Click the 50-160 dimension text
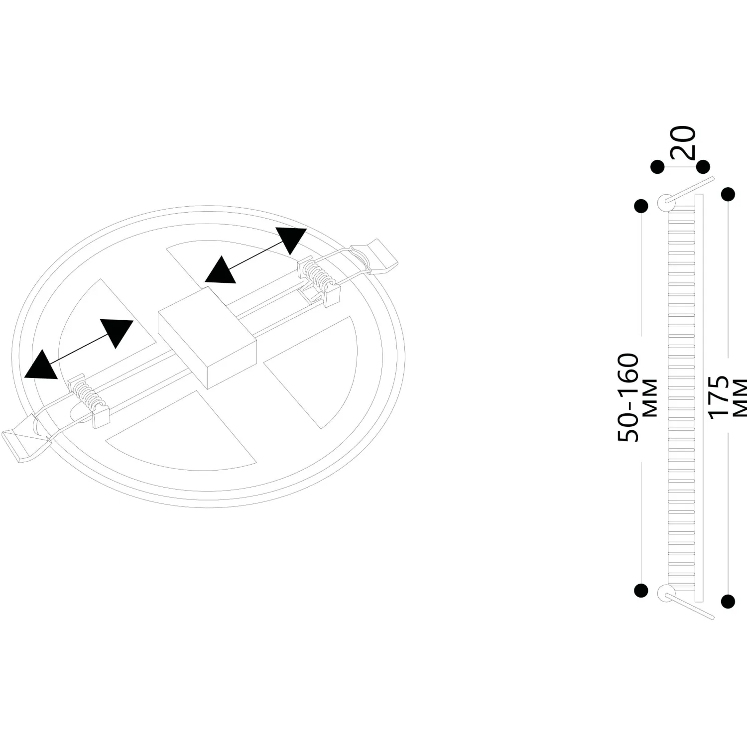tap(627, 397)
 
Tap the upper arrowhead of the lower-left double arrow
tap(118, 332)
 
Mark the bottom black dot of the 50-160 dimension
tap(641, 590)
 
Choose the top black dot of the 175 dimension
tap(728, 194)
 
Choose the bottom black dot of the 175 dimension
tap(728, 601)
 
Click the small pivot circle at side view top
tap(665, 202)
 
